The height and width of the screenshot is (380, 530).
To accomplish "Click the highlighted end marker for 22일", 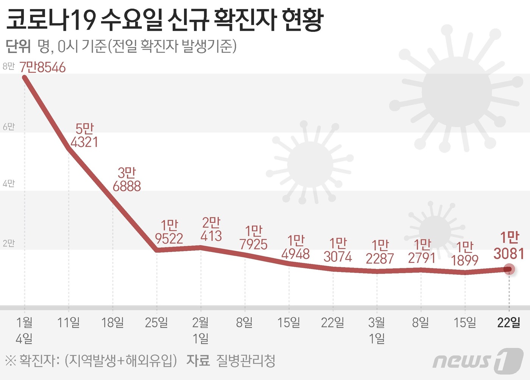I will pyautogui.click(x=509, y=269).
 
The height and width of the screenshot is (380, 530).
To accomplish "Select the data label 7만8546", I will pyautogui.click(x=43, y=67).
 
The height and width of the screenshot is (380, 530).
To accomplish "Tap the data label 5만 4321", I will pyautogui.click(x=84, y=136).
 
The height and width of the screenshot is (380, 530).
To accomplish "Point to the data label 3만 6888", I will pyautogui.click(x=127, y=180).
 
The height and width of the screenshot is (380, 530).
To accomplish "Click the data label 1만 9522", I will pyautogui.click(x=169, y=232).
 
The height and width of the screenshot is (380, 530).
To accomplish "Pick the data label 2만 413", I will pyautogui.click(x=211, y=229).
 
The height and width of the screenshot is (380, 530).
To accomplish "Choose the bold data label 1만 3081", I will pyautogui.click(x=509, y=246).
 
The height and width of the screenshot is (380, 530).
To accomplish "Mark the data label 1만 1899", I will pyautogui.click(x=465, y=253).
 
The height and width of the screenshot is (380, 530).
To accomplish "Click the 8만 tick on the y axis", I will pyautogui.click(x=8, y=67).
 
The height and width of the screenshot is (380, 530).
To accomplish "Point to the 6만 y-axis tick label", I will pyautogui.click(x=8, y=127).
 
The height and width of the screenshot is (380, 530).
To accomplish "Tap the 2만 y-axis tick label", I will pyautogui.click(x=8, y=243).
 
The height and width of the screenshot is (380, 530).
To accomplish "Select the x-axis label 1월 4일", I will pyautogui.click(x=24, y=330).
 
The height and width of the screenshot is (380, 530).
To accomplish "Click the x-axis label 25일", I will pyautogui.click(x=156, y=323).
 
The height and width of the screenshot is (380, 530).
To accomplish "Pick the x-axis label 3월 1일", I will pyautogui.click(x=377, y=330).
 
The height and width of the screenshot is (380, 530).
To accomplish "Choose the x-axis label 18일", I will pyautogui.click(x=112, y=323).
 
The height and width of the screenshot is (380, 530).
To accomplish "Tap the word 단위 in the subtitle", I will pyautogui.click(x=18, y=46).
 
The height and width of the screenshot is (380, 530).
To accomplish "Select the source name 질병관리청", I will pyautogui.click(x=246, y=361).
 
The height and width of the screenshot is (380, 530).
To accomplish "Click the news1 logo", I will pyautogui.click(x=478, y=360).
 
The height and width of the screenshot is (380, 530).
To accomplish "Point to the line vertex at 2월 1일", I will pyautogui.click(x=201, y=247).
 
